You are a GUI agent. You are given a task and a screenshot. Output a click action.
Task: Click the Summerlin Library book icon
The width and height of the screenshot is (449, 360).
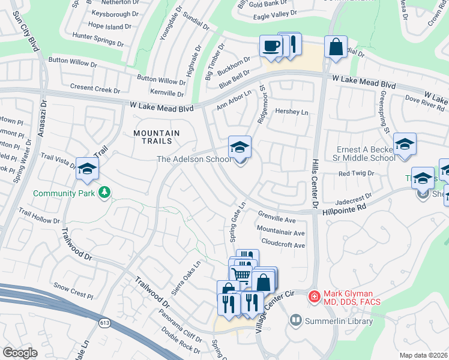(295, 320)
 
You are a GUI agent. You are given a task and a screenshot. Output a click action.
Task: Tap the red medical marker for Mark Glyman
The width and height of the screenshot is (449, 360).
(313, 296)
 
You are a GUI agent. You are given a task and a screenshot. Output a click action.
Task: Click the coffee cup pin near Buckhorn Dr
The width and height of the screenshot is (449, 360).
(271, 46)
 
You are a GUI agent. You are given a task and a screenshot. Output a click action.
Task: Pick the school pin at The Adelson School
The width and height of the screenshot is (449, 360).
(240, 147)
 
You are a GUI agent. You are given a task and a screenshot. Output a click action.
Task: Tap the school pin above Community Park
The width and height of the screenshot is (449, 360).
(87, 169)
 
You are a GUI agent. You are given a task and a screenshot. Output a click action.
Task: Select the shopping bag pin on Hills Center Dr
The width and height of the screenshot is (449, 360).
(335, 47)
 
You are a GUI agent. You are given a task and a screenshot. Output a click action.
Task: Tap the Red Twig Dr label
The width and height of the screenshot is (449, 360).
(356, 173)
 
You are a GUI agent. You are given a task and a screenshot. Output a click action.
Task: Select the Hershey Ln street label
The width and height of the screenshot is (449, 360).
(291, 112)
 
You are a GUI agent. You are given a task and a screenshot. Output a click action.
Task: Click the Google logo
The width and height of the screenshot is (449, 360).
(20, 352)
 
